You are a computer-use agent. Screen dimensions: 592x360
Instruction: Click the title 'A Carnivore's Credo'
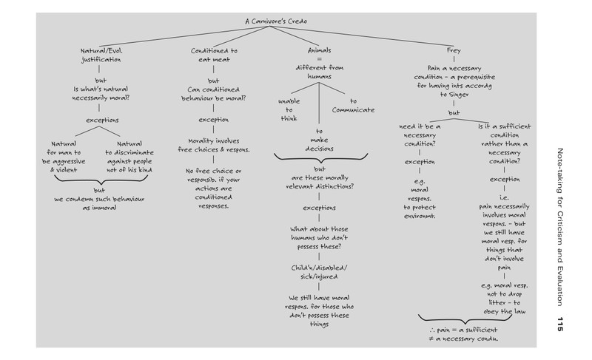(276, 21)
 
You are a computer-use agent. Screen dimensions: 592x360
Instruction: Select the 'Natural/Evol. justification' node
(101, 55)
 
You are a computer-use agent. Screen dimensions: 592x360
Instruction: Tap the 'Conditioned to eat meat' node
(214, 55)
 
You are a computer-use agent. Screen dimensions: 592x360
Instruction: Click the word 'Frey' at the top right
(454, 50)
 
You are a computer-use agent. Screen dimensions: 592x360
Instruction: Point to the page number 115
(560, 325)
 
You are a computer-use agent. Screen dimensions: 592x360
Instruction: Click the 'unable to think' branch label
(289, 109)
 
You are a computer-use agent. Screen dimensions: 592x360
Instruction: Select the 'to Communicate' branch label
(354, 106)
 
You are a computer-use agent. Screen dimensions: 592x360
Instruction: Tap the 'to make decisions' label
(320, 140)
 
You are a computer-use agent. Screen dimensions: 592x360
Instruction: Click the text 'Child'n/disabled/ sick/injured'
(319, 272)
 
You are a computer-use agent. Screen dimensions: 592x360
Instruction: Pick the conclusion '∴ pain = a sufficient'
(463, 330)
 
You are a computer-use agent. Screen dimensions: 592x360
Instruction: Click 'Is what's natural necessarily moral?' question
(101, 93)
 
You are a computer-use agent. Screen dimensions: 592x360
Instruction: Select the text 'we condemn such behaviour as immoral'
(99, 203)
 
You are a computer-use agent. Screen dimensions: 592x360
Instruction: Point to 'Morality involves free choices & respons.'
(214, 145)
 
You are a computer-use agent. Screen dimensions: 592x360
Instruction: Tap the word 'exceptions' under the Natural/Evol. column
(102, 120)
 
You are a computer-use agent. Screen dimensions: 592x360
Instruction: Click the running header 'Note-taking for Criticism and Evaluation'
(560, 227)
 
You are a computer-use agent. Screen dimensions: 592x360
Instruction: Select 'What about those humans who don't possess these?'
(319, 238)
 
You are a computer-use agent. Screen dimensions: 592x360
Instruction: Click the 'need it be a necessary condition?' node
(420, 135)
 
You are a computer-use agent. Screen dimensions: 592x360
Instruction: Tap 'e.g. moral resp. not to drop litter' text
(505, 294)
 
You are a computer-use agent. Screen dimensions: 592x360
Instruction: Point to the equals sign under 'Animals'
(320, 59)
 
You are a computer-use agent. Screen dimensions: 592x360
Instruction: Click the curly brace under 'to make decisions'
(320, 158)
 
